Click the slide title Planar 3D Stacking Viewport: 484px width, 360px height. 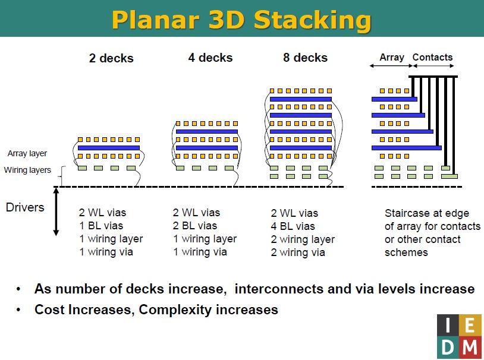[x=241, y=19]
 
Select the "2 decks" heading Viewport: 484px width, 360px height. [x=111, y=58]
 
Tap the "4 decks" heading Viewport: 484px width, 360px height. [x=210, y=58]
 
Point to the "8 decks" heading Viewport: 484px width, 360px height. [x=305, y=58]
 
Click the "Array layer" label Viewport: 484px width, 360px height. [x=27, y=154]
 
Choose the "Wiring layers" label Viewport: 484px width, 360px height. [x=27, y=170]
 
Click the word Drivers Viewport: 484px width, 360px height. [x=25, y=207]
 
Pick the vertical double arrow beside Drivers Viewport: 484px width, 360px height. [x=56, y=211]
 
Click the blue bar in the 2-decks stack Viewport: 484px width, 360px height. [x=108, y=147]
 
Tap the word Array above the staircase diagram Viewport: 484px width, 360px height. [x=391, y=58]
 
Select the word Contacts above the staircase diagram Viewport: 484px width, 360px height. [x=432, y=58]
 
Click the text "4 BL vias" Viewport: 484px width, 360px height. [x=293, y=226]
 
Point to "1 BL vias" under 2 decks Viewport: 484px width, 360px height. [x=101, y=226]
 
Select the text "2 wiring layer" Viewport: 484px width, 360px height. [x=303, y=239]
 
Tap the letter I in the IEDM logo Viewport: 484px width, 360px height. [x=448, y=326]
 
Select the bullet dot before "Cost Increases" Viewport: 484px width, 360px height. [x=19, y=310]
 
